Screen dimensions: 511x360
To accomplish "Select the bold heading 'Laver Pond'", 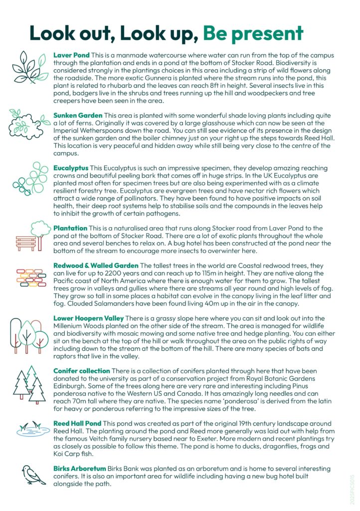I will click(71, 55).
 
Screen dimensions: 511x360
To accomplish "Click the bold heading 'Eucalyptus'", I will click(70, 168).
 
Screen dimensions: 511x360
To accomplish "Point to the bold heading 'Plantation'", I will click(70, 228).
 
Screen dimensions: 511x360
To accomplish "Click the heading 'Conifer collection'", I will click(82, 371).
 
